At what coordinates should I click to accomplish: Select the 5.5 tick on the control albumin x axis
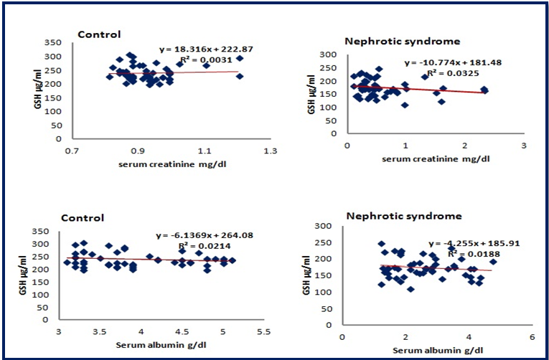(x=264, y=332)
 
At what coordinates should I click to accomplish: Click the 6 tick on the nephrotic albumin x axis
(x=531, y=336)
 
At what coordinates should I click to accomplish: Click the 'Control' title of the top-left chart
(x=99, y=34)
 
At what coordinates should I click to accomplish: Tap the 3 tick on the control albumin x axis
(x=59, y=332)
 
